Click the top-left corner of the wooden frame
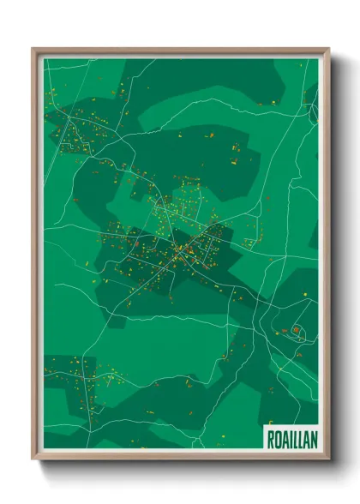[x=33, y=50]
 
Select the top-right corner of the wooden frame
[x=328, y=50]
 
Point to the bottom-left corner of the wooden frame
[x=33, y=460]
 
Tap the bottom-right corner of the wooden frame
[x=328, y=460]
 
